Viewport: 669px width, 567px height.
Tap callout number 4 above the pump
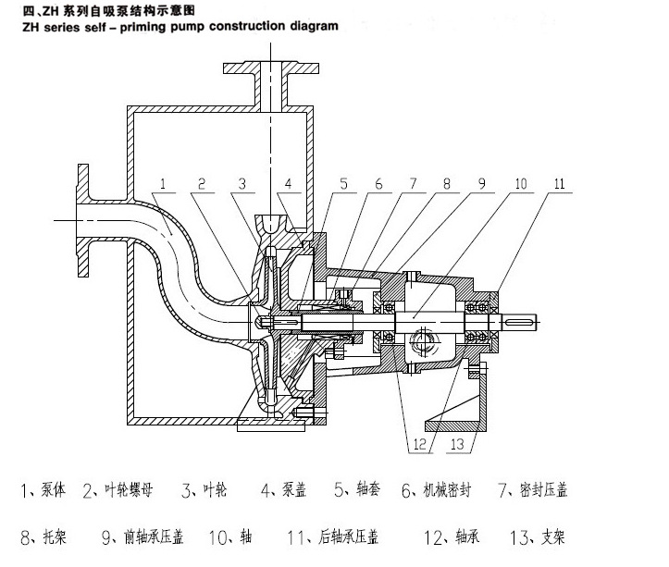(288, 185)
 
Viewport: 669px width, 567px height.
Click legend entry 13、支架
(539, 536)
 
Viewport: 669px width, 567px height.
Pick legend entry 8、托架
(43, 536)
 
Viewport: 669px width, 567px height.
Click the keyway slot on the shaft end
(521, 320)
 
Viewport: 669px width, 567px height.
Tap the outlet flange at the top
(265, 68)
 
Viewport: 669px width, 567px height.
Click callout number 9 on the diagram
(482, 185)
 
